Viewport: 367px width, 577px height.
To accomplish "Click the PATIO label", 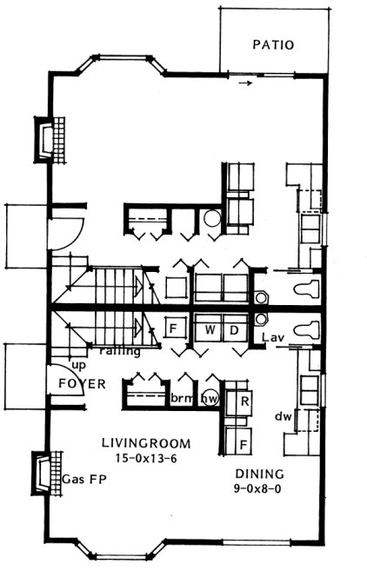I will [273, 44].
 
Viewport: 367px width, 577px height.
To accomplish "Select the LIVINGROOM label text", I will [144, 443].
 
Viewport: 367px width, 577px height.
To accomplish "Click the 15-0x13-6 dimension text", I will [145, 458].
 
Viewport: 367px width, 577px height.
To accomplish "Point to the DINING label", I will [259, 474].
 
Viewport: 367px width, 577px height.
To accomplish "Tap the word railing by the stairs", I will [116, 351].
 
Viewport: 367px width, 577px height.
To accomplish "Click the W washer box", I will [210, 330].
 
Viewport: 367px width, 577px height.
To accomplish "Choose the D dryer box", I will [233, 330].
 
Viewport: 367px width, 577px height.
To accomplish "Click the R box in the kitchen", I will [244, 401].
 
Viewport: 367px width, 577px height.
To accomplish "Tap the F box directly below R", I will [244, 444].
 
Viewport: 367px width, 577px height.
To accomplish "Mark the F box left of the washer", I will [173, 329].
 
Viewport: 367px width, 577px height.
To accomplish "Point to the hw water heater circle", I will [210, 399].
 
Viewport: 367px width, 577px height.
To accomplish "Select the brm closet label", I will [181, 399].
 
